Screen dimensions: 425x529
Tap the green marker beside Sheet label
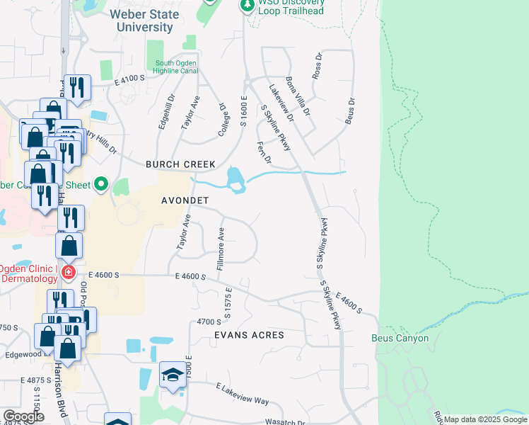coord(101,186)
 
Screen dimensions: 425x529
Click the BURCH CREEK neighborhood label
coord(180,164)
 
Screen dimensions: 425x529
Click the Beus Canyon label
coord(400,338)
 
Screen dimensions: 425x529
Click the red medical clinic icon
coord(68,272)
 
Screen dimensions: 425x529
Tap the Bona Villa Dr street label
coord(297,96)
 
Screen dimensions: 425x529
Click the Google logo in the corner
coord(23,416)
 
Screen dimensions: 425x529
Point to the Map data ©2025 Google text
coord(485,419)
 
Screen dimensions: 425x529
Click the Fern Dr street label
coord(264,152)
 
